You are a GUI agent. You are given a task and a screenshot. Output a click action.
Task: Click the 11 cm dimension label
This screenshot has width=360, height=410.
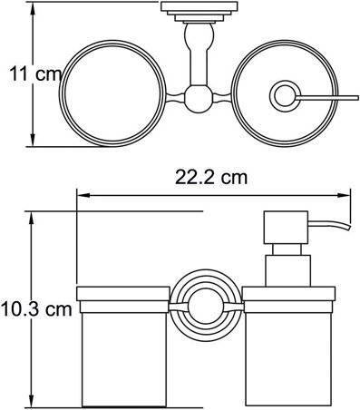(x=35, y=74)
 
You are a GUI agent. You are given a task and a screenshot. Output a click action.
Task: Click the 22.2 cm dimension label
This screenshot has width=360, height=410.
(x=211, y=178)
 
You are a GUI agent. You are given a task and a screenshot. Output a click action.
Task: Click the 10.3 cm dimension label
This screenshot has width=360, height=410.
(x=36, y=309)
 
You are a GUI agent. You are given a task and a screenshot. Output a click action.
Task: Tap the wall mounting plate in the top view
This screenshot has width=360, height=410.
(x=199, y=12)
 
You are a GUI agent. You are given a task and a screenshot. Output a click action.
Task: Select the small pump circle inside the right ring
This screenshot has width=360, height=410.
(x=284, y=95)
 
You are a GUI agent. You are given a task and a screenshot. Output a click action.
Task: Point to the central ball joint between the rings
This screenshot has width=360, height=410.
(x=199, y=99)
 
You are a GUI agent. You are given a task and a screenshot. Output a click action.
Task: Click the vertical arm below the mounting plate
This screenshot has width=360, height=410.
(x=199, y=54)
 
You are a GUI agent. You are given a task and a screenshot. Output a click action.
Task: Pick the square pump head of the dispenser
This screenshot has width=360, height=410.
(x=286, y=228)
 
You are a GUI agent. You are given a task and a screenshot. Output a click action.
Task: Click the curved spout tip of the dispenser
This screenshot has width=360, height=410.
(x=347, y=227)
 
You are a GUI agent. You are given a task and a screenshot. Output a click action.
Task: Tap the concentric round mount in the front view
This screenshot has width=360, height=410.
(x=206, y=307)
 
